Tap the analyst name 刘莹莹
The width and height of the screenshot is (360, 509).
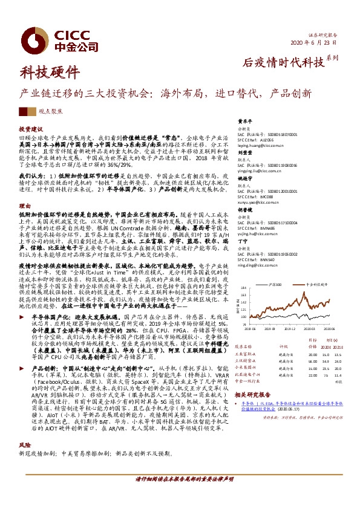(244, 153)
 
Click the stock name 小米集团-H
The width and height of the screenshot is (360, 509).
(250, 366)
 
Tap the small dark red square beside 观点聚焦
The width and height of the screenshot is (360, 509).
(23, 112)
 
